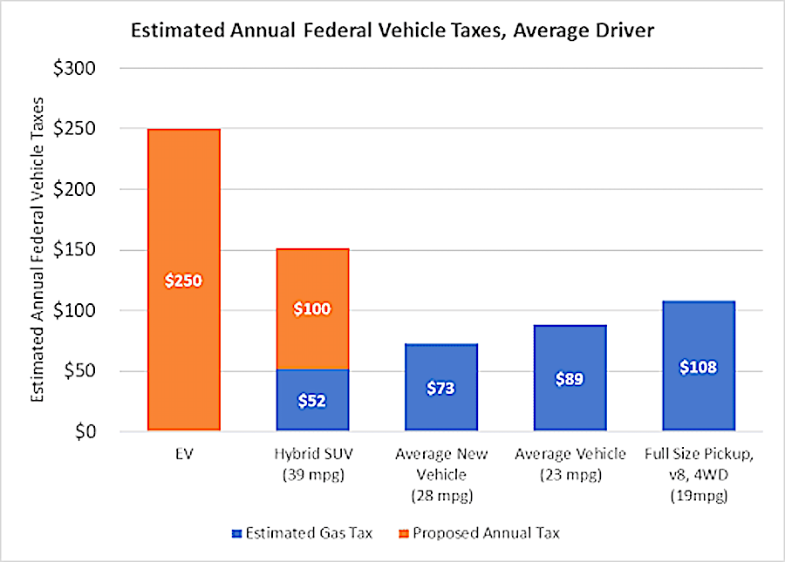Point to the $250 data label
tap(183, 281)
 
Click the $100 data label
tap(312, 308)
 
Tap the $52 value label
tap(312, 401)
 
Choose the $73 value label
tap(441, 389)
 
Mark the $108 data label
tap(699, 367)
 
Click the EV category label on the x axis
tap(183, 455)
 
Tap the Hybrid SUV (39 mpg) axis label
tap(312, 463)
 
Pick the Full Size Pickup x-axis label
tap(699, 471)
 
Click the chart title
tap(392, 32)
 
